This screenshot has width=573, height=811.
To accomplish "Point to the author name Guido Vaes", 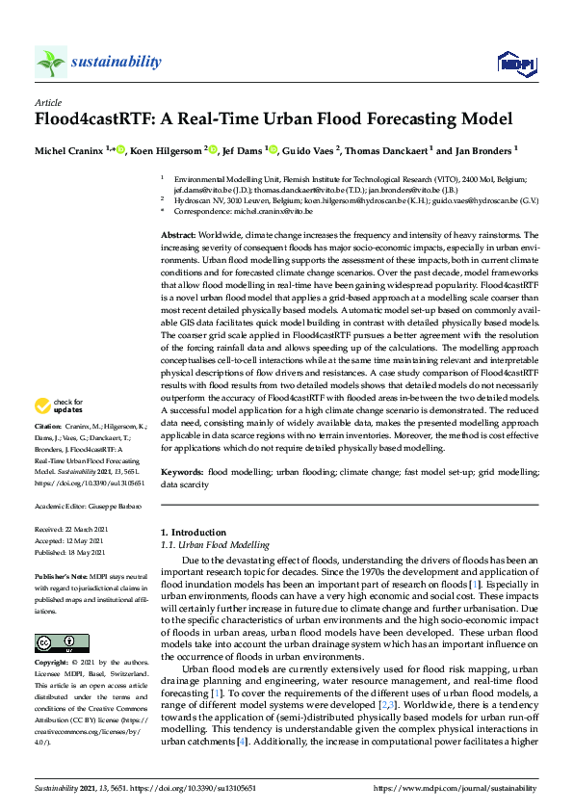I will coord(310,150).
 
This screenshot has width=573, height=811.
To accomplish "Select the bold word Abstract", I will coord(178,235).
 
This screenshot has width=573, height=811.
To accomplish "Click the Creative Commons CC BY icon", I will coord(48,643).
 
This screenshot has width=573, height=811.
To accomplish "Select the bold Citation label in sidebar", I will coord(48,452).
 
